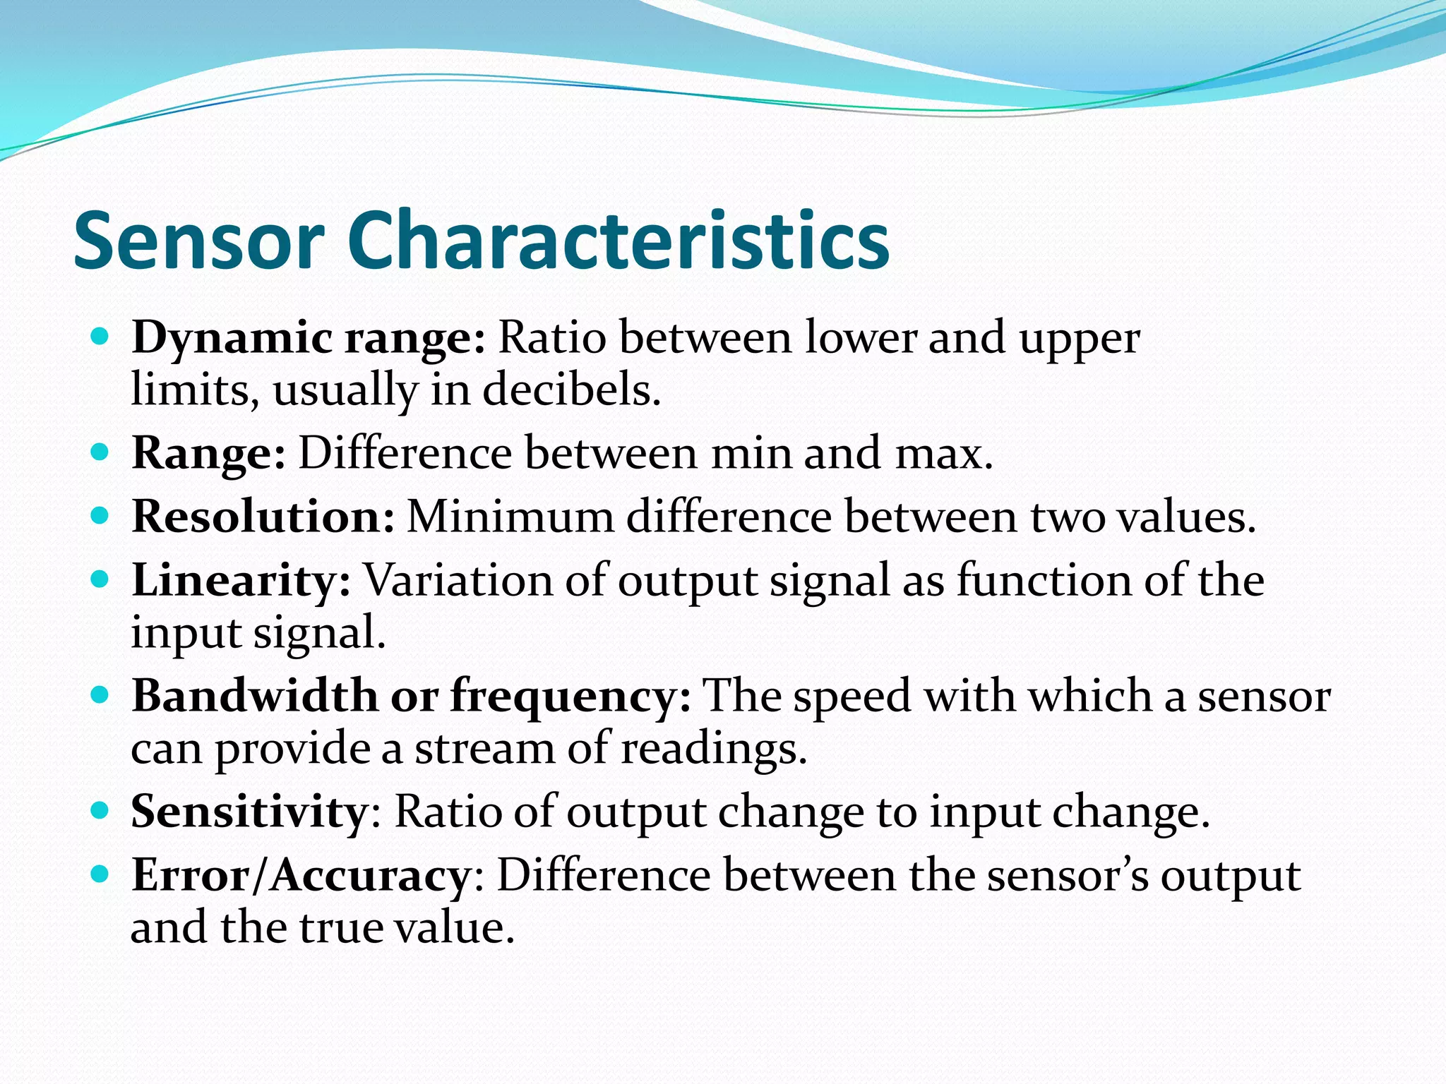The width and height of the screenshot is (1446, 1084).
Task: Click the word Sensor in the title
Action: (199, 241)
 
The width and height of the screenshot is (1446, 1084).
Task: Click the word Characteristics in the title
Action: (618, 241)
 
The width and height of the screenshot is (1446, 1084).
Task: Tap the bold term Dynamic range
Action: (309, 338)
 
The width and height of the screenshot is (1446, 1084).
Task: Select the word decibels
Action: (572, 390)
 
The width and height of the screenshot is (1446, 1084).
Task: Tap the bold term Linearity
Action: (241, 581)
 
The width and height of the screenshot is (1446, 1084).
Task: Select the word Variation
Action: (484, 581)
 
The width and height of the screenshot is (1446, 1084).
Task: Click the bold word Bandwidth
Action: (255, 697)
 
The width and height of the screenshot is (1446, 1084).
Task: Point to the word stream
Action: (485, 748)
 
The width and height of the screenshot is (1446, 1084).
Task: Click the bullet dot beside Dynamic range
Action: (100, 337)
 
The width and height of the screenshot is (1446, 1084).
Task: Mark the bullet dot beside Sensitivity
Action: (100, 811)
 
